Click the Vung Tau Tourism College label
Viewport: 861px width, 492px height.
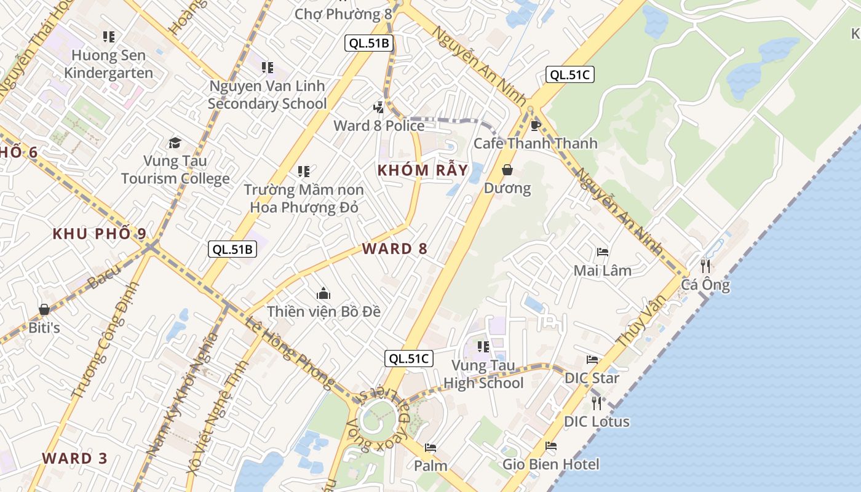coord(175,170)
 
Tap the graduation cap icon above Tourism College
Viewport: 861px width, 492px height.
coord(175,143)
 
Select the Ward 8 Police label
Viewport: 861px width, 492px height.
coord(379,125)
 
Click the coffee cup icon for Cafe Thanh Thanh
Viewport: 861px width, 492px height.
coord(536,125)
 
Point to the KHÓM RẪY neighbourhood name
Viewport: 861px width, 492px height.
coord(423,170)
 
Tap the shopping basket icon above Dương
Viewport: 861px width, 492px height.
coord(507,170)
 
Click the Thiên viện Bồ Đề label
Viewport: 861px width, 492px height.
coord(323,311)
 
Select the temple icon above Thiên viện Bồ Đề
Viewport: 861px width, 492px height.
coord(323,294)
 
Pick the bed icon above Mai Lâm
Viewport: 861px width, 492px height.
coord(603,252)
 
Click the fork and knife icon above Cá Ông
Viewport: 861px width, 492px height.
coord(705,266)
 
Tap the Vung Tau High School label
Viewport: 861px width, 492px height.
coord(483,375)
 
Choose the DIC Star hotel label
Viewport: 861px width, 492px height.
coord(592,378)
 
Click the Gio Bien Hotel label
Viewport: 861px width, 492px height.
coord(550,464)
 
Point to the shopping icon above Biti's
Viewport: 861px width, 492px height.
coord(44,309)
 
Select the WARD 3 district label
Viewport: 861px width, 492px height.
coord(75,458)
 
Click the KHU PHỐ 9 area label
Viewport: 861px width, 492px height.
coord(100,234)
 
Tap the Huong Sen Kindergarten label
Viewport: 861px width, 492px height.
coord(109,64)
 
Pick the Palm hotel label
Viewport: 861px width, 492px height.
coord(430,465)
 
